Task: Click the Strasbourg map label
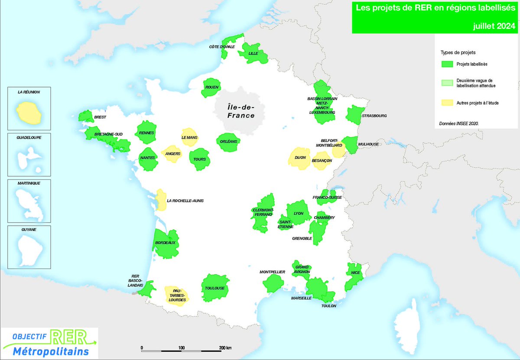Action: pyautogui.click(x=375, y=116)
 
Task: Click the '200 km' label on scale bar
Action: pyautogui.click(x=225, y=348)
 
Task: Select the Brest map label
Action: pyautogui.click(x=100, y=117)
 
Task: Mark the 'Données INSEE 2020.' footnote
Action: pyautogui.click(x=459, y=123)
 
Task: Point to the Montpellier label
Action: pyautogui.click(x=272, y=272)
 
